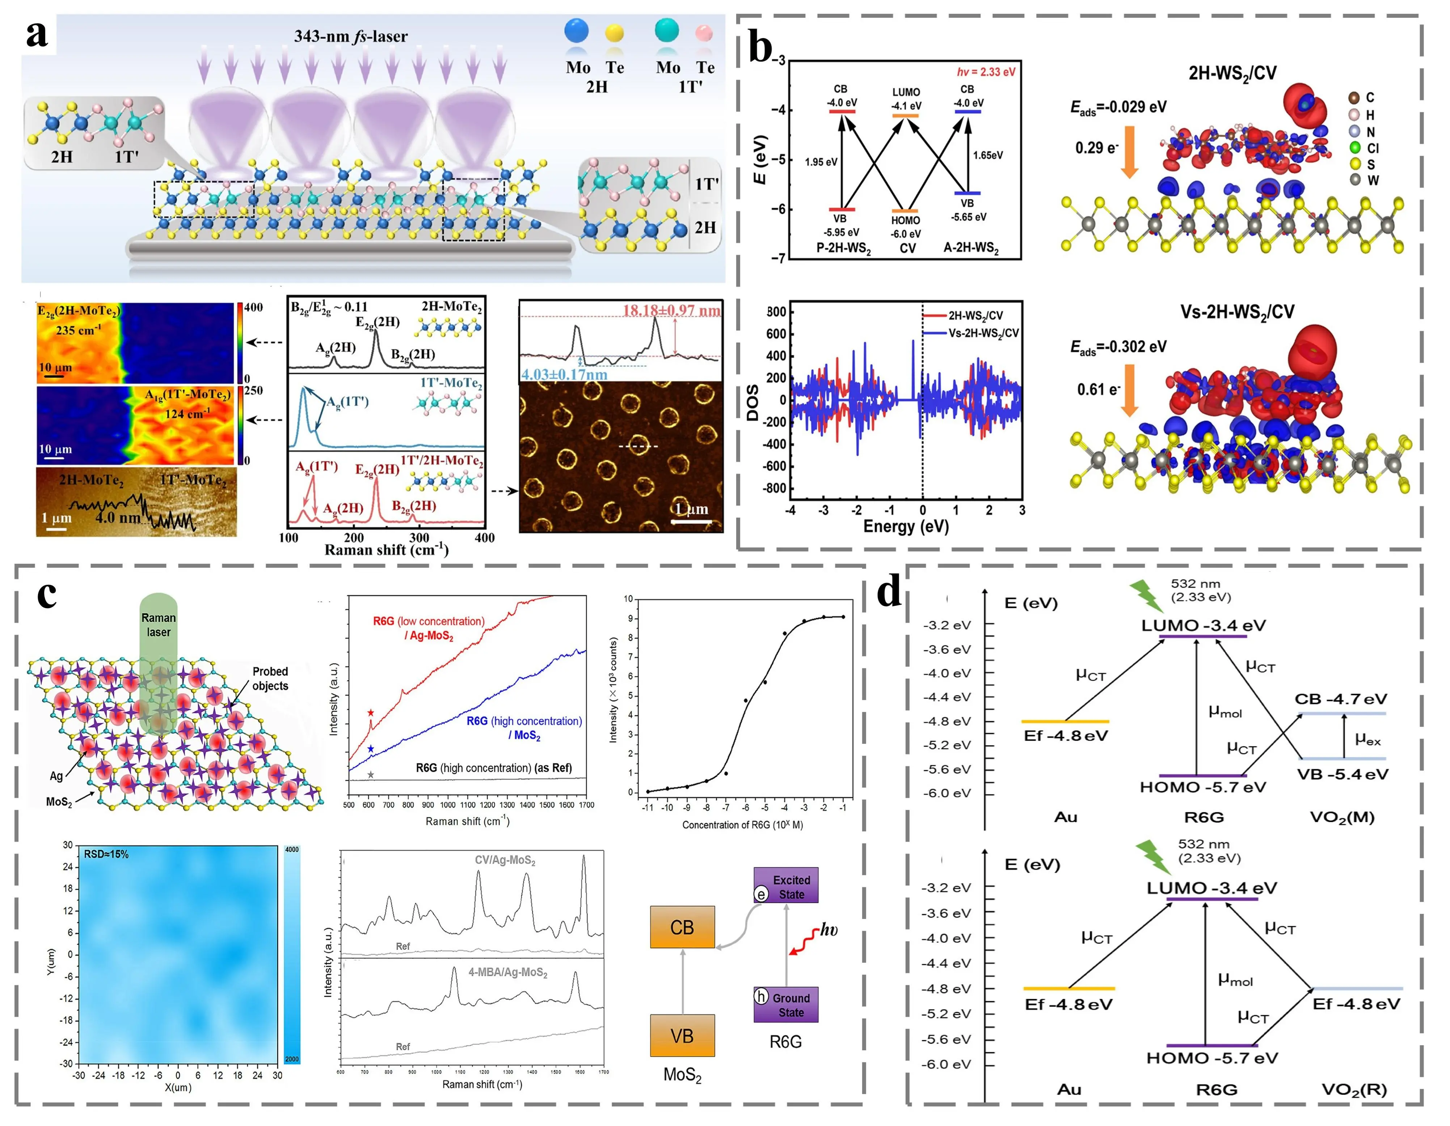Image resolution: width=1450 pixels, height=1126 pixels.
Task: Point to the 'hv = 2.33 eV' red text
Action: click(986, 72)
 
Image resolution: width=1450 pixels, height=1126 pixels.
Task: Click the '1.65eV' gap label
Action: click(988, 155)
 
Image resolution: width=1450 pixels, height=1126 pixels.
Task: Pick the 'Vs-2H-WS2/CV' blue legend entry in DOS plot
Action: click(983, 333)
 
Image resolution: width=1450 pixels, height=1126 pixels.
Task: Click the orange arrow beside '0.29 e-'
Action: click(1129, 153)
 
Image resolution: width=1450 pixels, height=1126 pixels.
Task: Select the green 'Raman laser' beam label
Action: click(159, 625)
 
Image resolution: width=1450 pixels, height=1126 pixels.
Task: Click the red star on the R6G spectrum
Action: click(371, 713)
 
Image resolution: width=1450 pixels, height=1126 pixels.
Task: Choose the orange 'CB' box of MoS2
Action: click(682, 927)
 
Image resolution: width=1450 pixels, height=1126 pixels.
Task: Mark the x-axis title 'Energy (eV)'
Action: click(906, 526)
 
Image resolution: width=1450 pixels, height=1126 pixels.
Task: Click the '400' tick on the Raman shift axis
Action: click(485, 537)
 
